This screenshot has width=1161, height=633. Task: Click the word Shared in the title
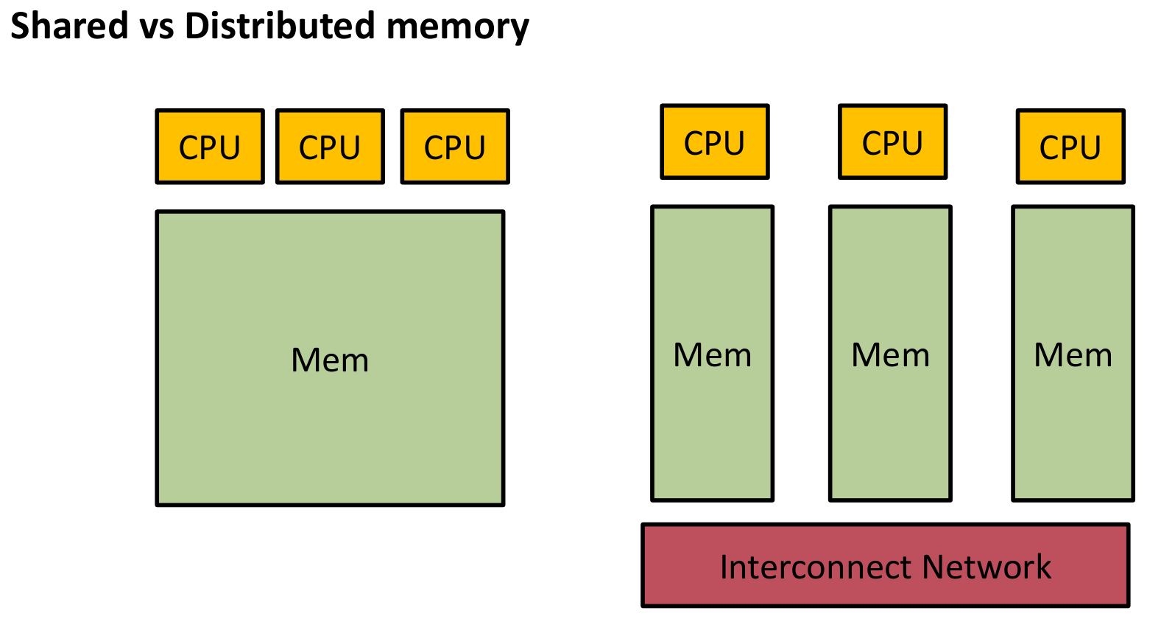pyautogui.click(x=69, y=26)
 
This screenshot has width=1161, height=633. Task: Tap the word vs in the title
pyautogui.click(x=156, y=26)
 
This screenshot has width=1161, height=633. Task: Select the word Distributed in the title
pyautogui.click(x=280, y=26)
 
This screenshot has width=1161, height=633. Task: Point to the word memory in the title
pyautogui.click(x=458, y=27)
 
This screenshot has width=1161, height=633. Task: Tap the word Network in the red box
pyautogui.click(x=987, y=567)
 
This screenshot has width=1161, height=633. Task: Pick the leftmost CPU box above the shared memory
pyautogui.click(x=210, y=147)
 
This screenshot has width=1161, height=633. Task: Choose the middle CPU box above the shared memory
pyautogui.click(x=330, y=147)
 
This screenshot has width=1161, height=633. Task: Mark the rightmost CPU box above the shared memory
pyautogui.click(x=455, y=147)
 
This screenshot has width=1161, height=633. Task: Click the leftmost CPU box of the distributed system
pyautogui.click(x=715, y=141)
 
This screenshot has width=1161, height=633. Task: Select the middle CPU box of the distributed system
pyautogui.click(x=892, y=141)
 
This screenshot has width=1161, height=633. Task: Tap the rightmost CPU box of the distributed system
pyautogui.click(x=1070, y=147)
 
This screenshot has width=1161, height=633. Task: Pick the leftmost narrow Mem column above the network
pyautogui.click(x=713, y=427)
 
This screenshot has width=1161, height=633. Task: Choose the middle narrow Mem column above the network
pyautogui.click(x=890, y=427)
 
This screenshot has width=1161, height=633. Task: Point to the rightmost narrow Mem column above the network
pyautogui.click(x=1073, y=427)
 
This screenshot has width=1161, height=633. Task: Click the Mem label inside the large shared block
pyautogui.click(x=330, y=360)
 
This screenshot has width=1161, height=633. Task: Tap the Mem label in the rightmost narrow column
pyautogui.click(x=1073, y=355)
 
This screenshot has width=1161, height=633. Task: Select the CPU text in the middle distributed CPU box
pyautogui.click(x=892, y=143)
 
